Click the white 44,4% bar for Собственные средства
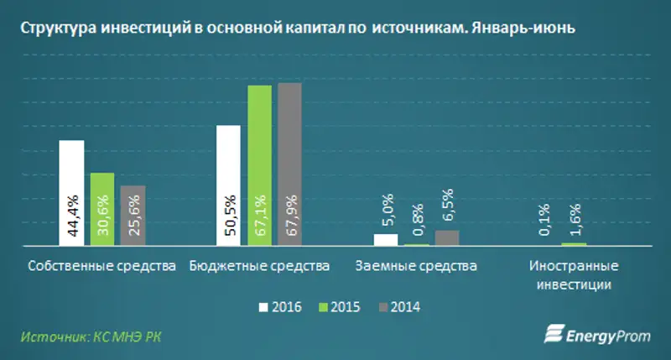pyautogui.click(x=71, y=193)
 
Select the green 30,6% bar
pyautogui.click(x=101, y=210)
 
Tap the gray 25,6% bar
pyautogui.click(x=133, y=216)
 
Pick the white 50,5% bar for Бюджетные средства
pyautogui.click(x=228, y=186)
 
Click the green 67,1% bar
pyautogui.click(x=259, y=166)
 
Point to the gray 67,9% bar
pyautogui.click(x=289, y=164)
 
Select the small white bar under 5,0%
pyautogui.click(x=386, y=240)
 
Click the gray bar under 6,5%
pyautogui.click(x=447, y=238)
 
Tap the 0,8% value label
pyautogui.click(x=417, y=222)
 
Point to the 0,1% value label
pyautogui.click(x=544, y=220)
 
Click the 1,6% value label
pyautogui.click(x=574, y=220)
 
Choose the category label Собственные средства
pyautogui.click(x=101, y=266)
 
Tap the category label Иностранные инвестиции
pyautogui.click(x=574, y=275)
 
